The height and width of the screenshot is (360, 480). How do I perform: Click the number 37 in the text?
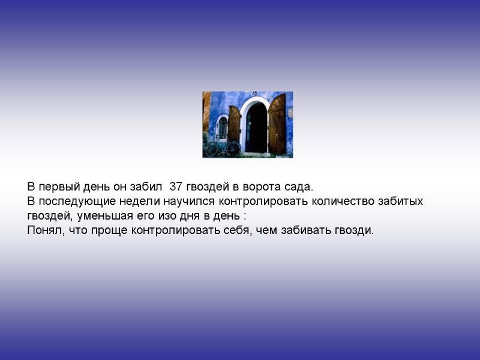point(176,187)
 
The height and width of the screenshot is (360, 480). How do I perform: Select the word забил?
point(146,187)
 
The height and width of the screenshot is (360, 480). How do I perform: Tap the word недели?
point(140,202)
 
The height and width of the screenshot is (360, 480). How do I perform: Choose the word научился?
point(189,202)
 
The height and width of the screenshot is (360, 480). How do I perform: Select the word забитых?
point(401,202)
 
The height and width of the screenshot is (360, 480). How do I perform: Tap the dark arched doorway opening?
point(256,128)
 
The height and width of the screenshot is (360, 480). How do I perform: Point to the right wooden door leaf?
point(277,124)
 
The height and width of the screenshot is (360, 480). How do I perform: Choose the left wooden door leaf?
point(234,124)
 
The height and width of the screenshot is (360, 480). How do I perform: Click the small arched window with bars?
point(223,127)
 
